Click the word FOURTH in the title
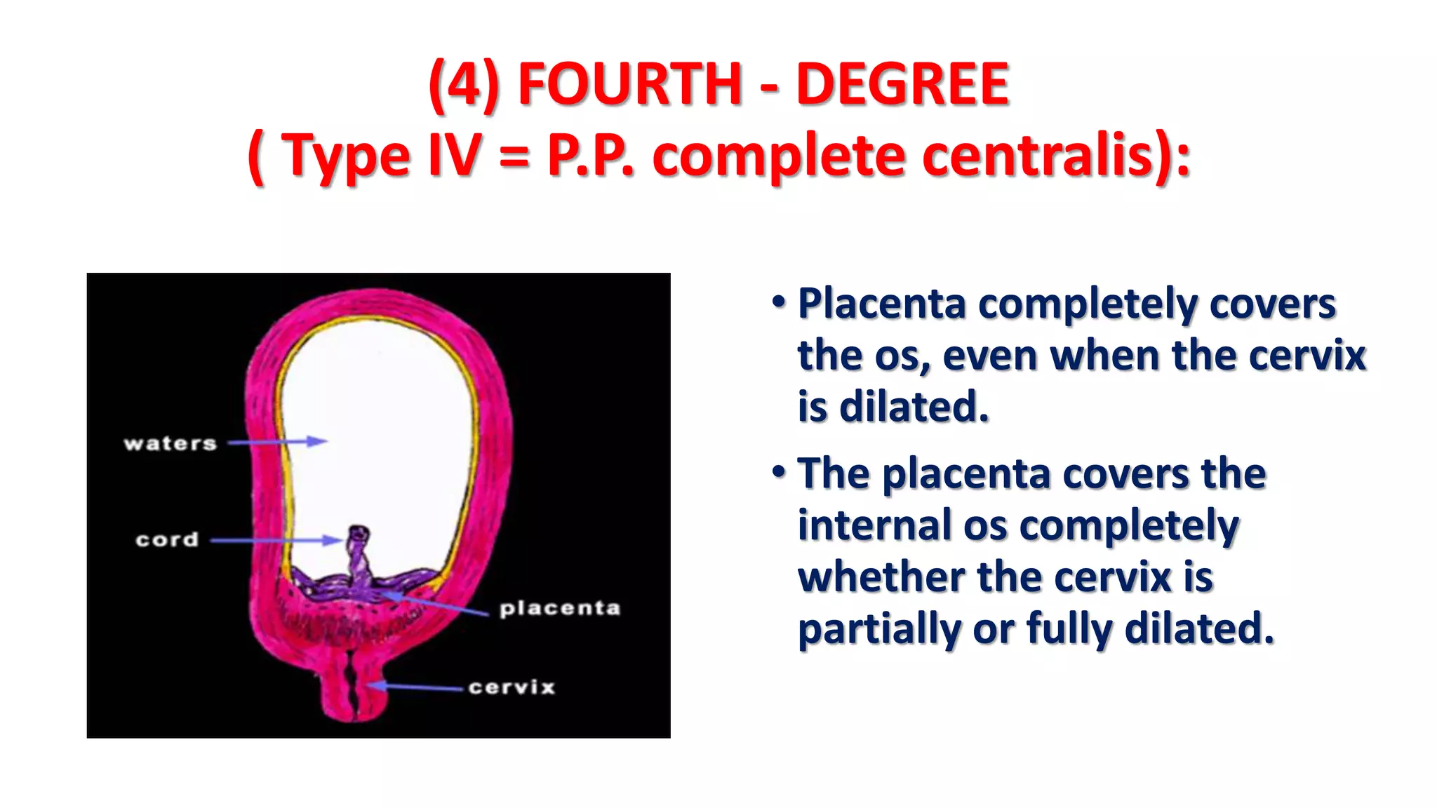pos(629,84)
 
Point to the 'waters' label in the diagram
pos(171,443)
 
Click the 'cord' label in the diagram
pos(167,539)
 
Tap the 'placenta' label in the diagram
pos(560,608)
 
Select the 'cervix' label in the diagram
pos(512,687)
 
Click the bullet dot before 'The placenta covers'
pos(778,472)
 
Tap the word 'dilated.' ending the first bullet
pos(914,407)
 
